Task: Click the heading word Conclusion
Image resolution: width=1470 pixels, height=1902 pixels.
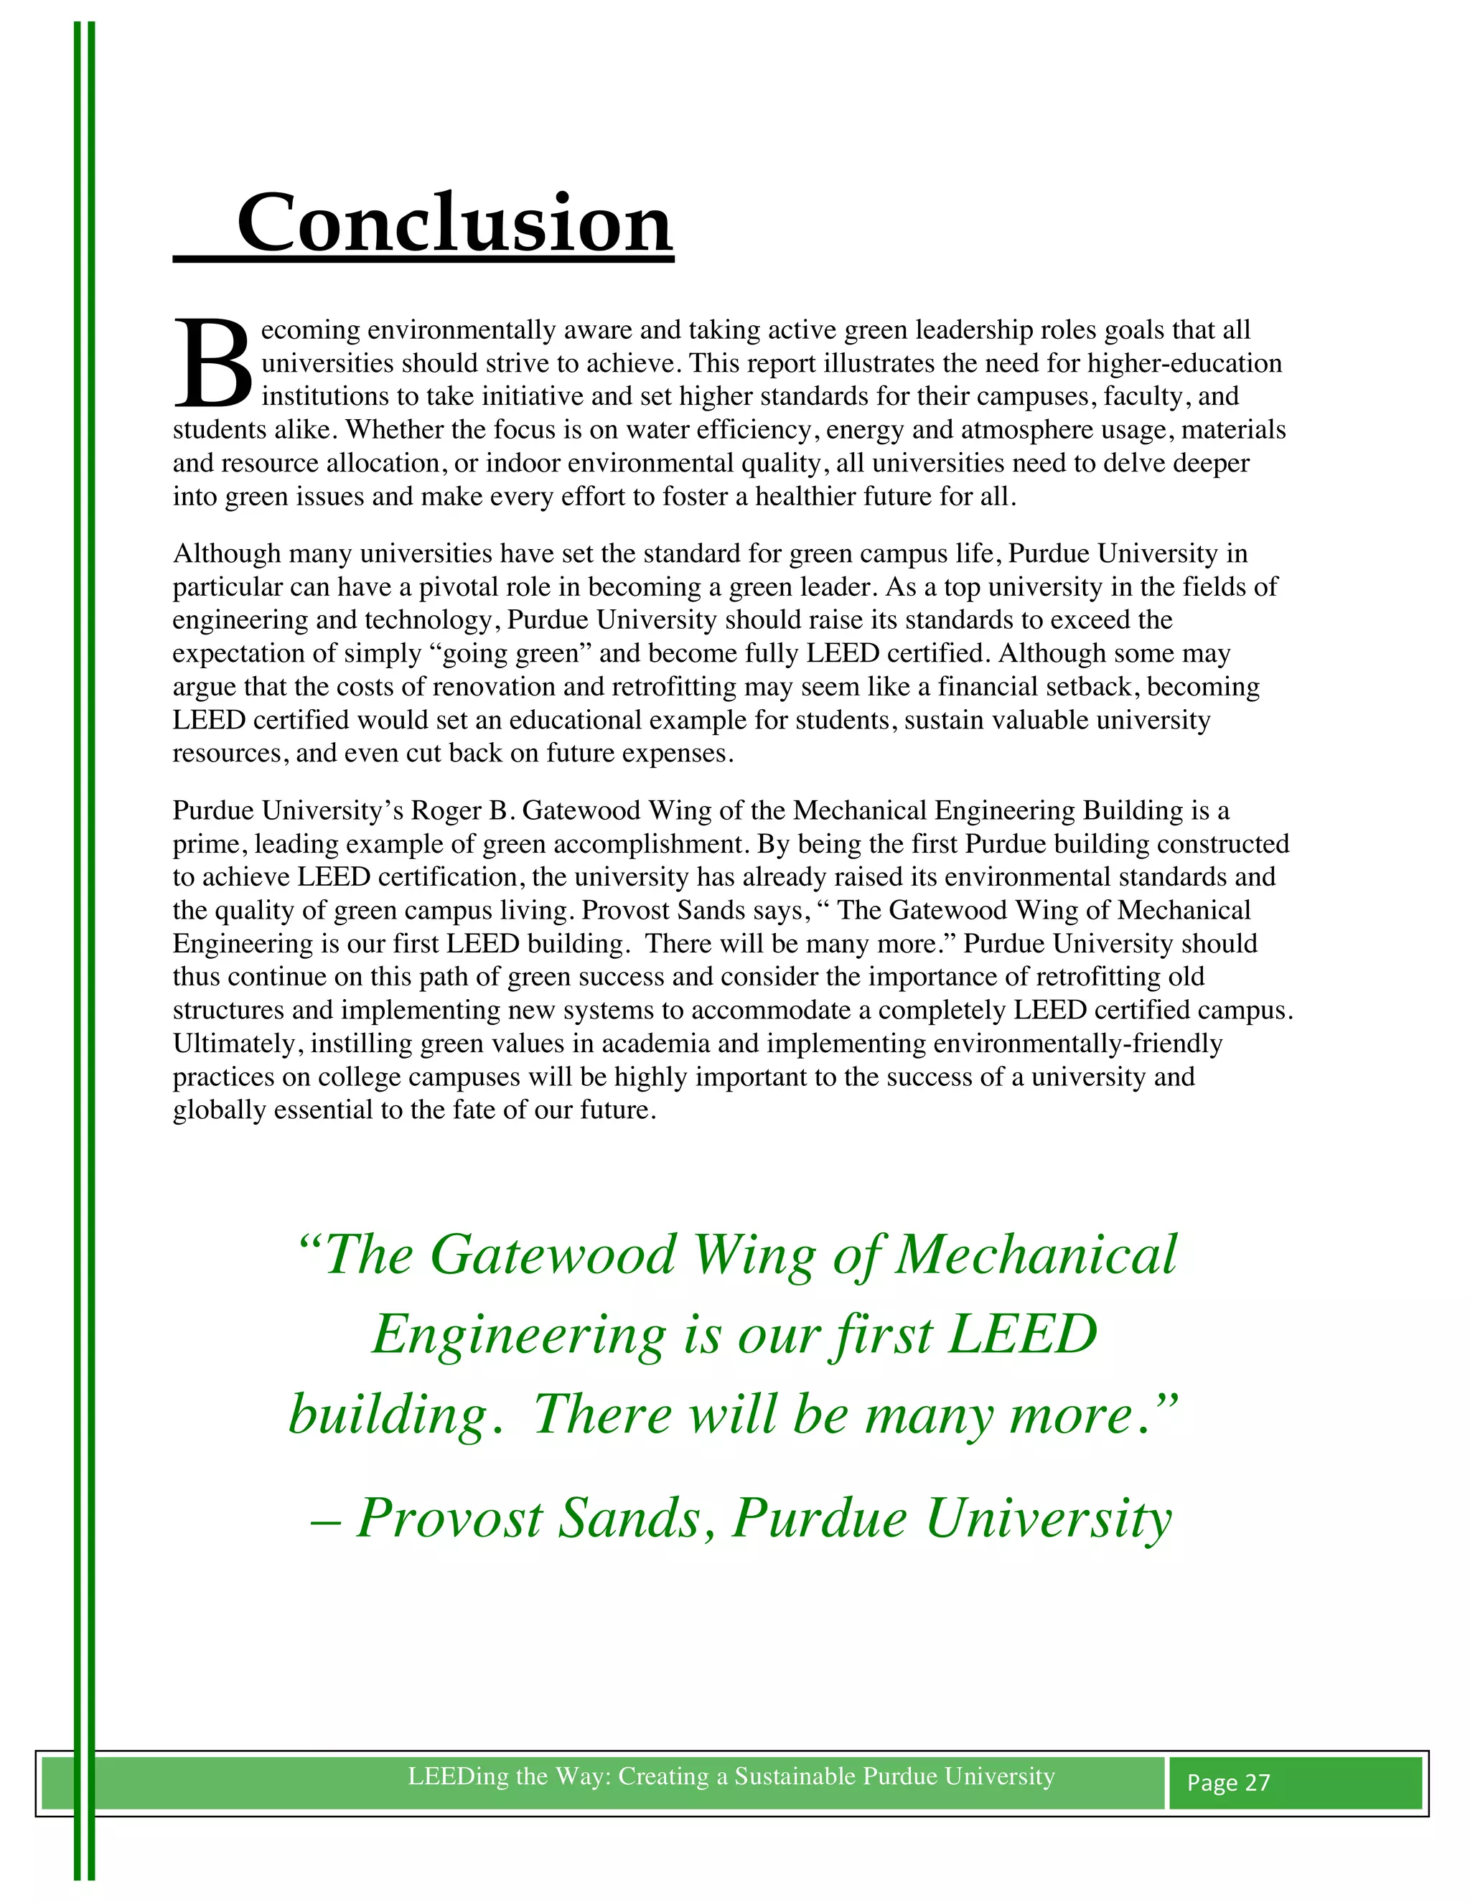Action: click(454, 223)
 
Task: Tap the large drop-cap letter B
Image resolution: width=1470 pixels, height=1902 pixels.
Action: click(212, 364)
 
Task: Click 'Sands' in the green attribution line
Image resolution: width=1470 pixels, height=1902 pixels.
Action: click(629, 1519)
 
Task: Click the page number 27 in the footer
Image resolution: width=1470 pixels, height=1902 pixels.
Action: click(1257, 1783)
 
